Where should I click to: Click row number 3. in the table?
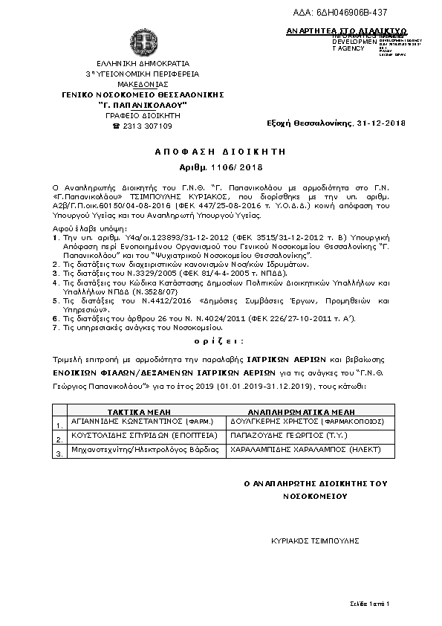59,453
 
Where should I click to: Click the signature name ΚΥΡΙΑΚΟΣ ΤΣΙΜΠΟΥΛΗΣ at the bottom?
316,541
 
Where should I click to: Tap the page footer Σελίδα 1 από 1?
369,601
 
